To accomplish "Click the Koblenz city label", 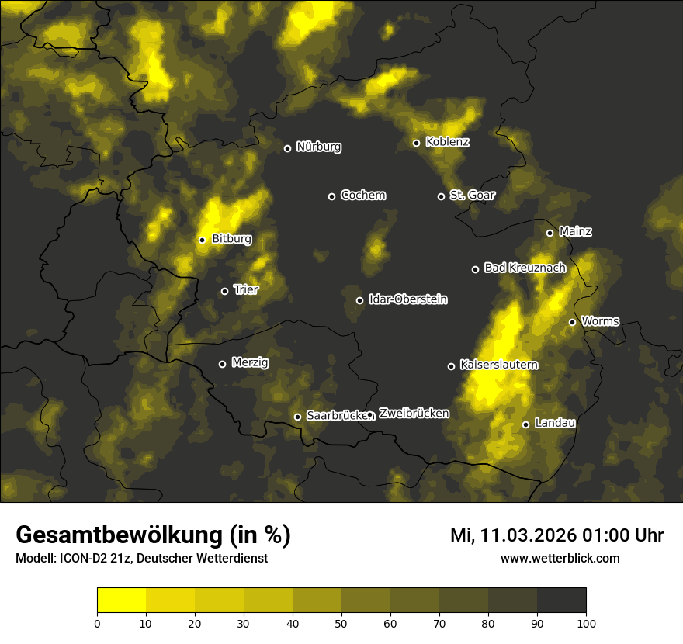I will pos(448,142).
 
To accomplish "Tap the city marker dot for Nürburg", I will pos(287,148).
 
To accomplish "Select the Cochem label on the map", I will pos(362,196).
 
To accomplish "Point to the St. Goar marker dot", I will pos(441,196).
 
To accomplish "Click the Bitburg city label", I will pos(231,239).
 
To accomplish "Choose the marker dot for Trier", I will pos(224,291).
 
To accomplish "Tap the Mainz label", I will pos(575,231).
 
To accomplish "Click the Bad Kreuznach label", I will pos(525,268).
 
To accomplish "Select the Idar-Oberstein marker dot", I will pos(359,300).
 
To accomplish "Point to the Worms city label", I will pos(600,320).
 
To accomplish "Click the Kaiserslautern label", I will pos(498,365).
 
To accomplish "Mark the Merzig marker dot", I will pos(222,364).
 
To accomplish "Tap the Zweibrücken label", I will pos(414,414).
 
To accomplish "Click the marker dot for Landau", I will pos(525,424).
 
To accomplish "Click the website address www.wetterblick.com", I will pos(560,558).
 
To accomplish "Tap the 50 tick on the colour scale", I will pos(341,622).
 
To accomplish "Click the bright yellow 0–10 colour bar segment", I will pos(122,600).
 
